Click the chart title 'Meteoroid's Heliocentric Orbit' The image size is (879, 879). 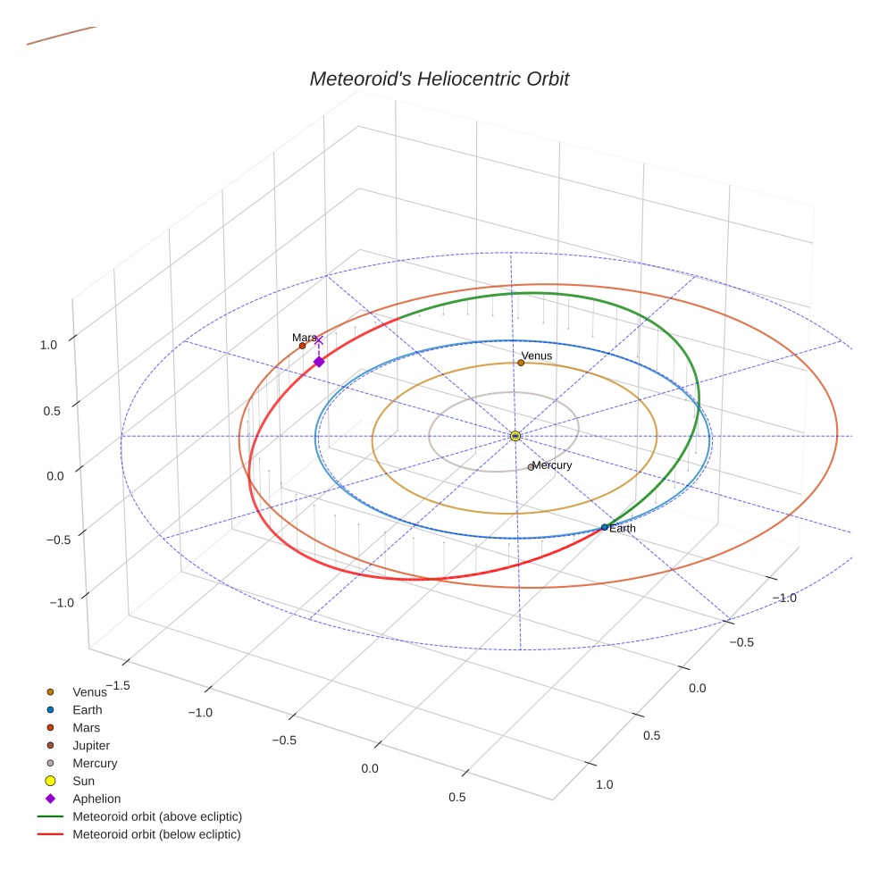(x=439, y=80)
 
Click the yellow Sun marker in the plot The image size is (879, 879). (x=515, y=436)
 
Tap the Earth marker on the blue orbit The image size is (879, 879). (x=605, y=527)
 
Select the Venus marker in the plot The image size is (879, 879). (x=521, y=363)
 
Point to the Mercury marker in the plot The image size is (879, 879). (x=531, y=467)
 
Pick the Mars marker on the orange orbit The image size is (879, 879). (x=302, y=346)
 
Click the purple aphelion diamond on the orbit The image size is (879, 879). (x=319, y=362)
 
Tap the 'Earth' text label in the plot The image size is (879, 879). (x=623, y=529)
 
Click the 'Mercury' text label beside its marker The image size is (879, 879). (x=552, y=465)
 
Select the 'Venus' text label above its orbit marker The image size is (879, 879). (x=537, y=356)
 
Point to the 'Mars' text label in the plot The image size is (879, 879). (x=304, y=337)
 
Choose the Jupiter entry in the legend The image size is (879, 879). (x=91, y=745)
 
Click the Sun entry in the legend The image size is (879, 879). (x=83, y=781)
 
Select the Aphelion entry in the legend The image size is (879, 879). (x=96, y=799)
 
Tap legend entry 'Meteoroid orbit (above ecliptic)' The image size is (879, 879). (x=157, y=816)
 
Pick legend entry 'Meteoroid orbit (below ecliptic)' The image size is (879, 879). (x=156, y=834)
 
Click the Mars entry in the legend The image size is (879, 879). (x=86, y=727)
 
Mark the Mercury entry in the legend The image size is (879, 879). (x=95, y=763)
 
